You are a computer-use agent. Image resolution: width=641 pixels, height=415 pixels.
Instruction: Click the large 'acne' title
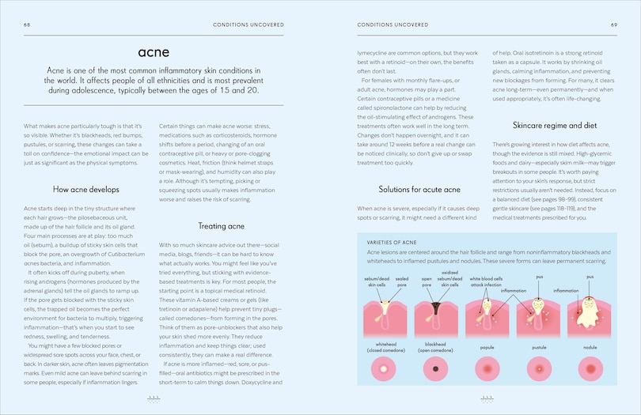(154, 53)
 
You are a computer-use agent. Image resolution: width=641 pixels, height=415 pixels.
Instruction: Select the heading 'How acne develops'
(85, 190)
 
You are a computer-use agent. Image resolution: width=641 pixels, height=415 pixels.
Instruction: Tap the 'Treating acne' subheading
(220, 226)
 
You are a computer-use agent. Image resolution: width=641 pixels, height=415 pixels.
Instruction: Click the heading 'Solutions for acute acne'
(419, 189)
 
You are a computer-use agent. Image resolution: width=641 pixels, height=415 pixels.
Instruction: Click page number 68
(27, 25)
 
